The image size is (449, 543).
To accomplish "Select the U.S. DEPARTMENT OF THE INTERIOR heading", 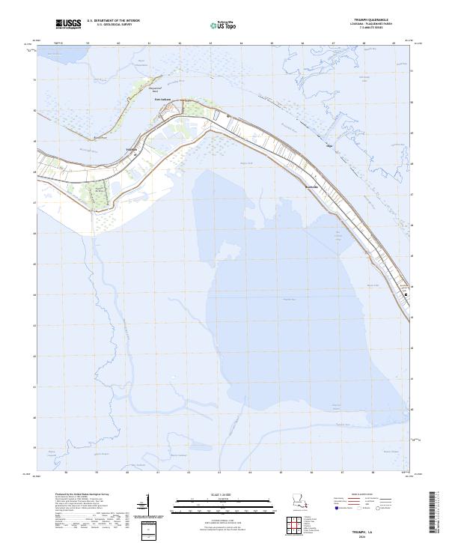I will click(x=113, y=21).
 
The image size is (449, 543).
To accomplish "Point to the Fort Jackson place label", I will click(x=163, y=98).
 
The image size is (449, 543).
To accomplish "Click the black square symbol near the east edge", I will click(x=406, y=295).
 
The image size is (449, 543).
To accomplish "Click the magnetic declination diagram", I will click(x=148, y=506).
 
